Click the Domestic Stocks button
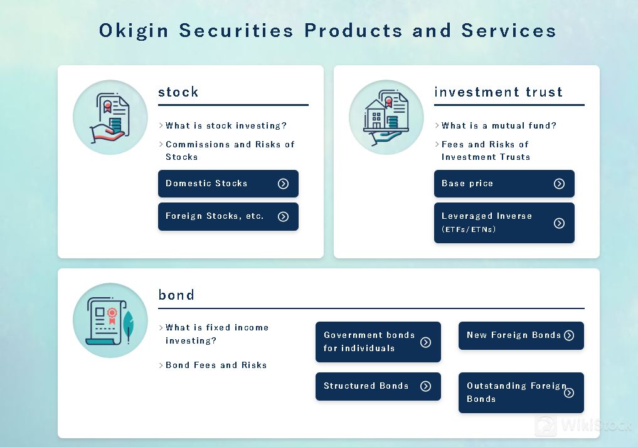pos(228,184)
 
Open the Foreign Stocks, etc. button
pos(228,216)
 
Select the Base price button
pos(504,184)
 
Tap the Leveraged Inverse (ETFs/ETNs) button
pos(504,223)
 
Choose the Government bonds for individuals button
pos(378,342)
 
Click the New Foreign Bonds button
pos(521,335)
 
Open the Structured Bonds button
pos(378,386)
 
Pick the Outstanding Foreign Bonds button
pos(521,392)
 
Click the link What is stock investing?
pos(226,126)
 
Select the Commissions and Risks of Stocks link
pos(230,150)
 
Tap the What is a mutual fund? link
pos(499,126)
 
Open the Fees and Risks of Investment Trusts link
pos(486,150)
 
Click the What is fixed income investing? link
pos(217,334)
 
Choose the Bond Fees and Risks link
pos(216,365)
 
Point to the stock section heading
pos(178,92)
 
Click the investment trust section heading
pos(498,92)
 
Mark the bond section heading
pos(176,295)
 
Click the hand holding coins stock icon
pos(110,117)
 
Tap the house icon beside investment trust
pos(386,117)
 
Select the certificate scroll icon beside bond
pos(110,320)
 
